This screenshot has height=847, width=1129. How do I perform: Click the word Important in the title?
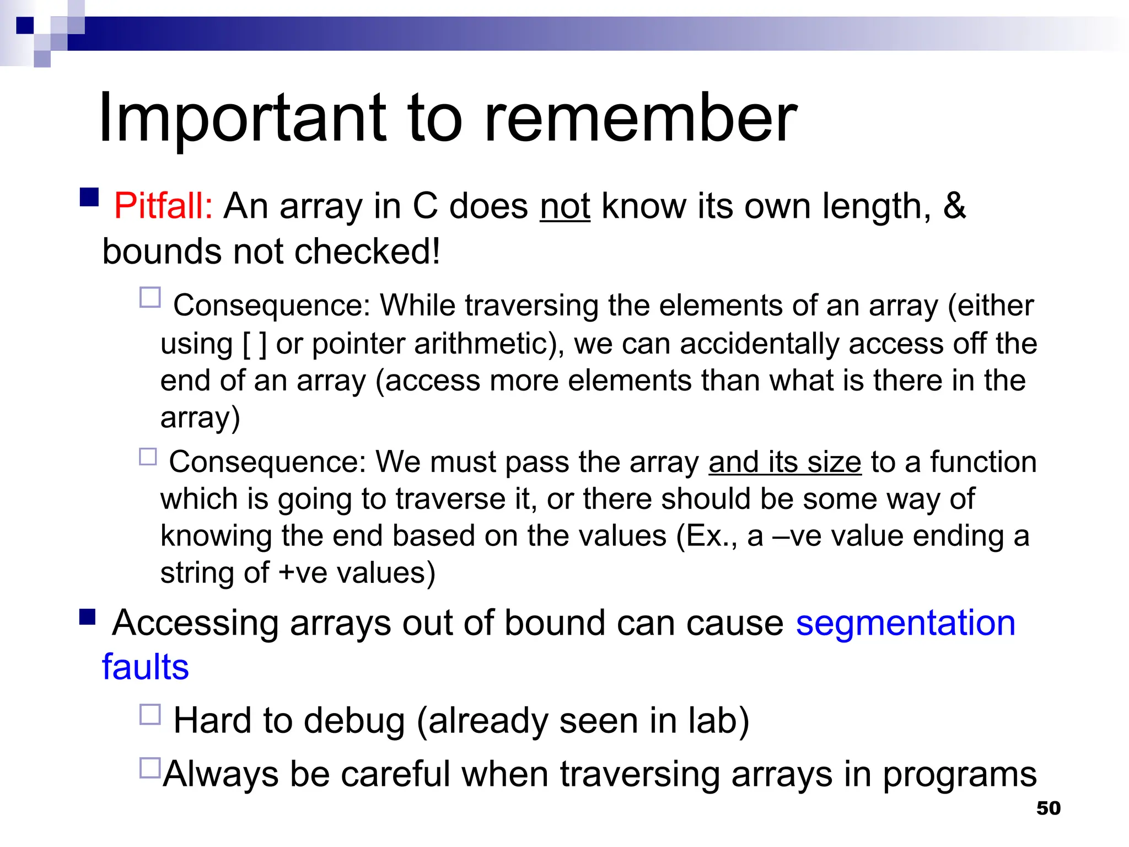click(x=243, y=119)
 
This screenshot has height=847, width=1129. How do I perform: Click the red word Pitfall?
click(x=163, y=206)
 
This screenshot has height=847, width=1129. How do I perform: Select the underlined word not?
click(x=565, y=206)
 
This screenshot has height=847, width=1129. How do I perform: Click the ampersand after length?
click(x=954, y=206)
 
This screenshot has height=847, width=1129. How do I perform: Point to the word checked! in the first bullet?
click(x=367, y=252)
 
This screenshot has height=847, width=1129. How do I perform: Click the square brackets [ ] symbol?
click(x=255, y=344)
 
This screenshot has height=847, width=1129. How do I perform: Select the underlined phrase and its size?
click(x=784, y=462)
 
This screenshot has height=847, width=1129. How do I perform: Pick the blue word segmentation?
click(x=905, y=623)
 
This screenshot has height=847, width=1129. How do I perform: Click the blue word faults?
click(x=146, y=667)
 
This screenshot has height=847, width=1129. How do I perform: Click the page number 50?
click(x=1048, y=808)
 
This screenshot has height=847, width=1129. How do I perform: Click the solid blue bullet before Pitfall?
click(x=89, y=197)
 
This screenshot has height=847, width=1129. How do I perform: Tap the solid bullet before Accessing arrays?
click(x=87, y=617)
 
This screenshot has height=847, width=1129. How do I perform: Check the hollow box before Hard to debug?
click(x=150, y=714)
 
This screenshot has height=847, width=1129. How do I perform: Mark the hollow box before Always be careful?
click(x=150, y=768)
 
